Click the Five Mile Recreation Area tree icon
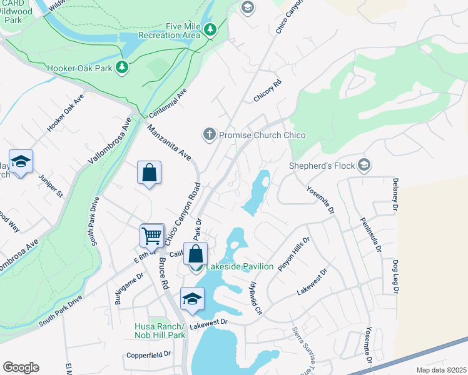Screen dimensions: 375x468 pyautogui.click(x=211, y=29)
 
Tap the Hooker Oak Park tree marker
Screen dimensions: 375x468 pyautogui.click(x=123, y=66)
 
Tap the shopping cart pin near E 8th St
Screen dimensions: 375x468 pyautogui.click(x=151, y=236)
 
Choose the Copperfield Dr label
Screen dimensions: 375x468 pyautogui.click(x=148, y=354)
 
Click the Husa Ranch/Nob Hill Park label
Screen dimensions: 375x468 pyautogui.click(x=160, y=331)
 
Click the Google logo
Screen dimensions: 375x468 pyautogui.click(x=21, y=367)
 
